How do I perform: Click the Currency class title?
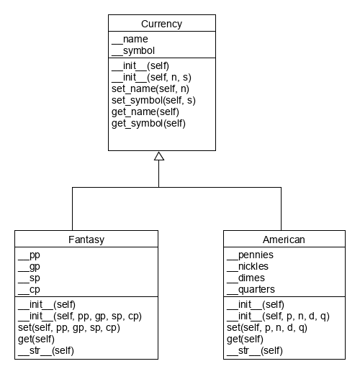click(161, 24)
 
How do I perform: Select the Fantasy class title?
click(86, 239)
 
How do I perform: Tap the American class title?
click(284, 239)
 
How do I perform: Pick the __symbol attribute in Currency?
click(133, 50)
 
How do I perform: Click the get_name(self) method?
click(145, 111)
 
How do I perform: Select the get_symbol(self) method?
click(148, 123)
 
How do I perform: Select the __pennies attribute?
click(250, 255)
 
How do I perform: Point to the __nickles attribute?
click(250, 266)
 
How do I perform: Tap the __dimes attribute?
click(246, 278)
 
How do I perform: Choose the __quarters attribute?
click(251, 289)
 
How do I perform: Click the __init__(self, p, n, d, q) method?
click(278, 316)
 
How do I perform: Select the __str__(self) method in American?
click(255, 350)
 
